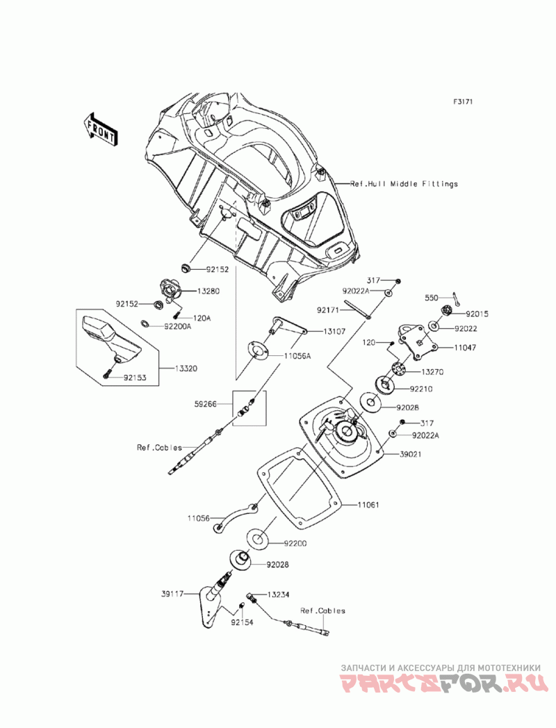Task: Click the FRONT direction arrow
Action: pyautogui.click(x=101, y=129)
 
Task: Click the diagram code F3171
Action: pyautogui.click(x=463, y=102)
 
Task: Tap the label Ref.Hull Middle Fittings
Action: pyautogui.click(x=404, y=184)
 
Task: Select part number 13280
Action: pyautogui.click(x=189, y=291)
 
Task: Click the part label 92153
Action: pyautogui.click(x=136, y=379)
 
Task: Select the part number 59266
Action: pyautogui.click(x=206, y=403)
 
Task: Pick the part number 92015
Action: pyautogui.click(x=477, y=314)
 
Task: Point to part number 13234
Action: pyautogui.click(x=279, y=595)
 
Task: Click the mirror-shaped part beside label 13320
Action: pyautogui.click(x=108, y=338)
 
